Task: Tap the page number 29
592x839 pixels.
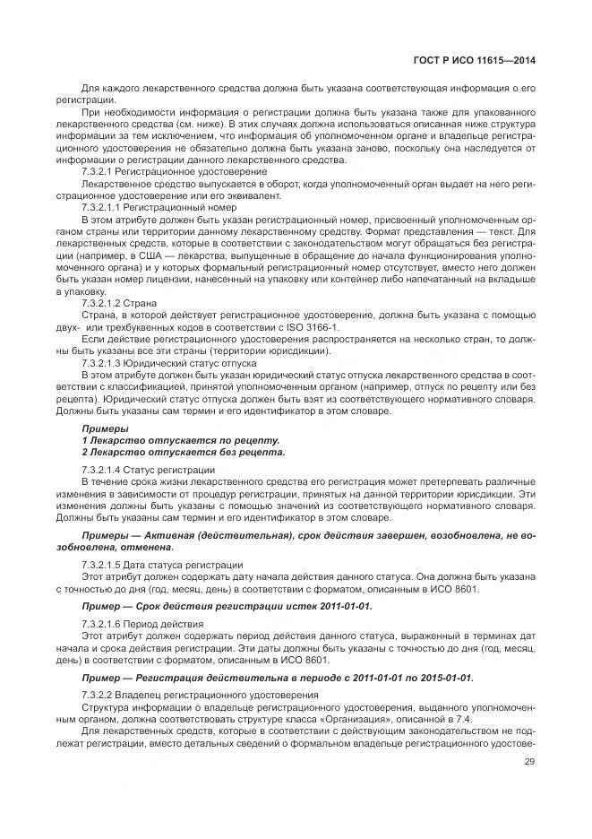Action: click(x=528, y=764)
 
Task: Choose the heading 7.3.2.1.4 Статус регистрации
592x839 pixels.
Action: click(x=148, y=470)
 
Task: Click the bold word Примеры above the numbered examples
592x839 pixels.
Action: click(x=105, y=428)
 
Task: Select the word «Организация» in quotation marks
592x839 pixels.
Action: click(x=381, y=719)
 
